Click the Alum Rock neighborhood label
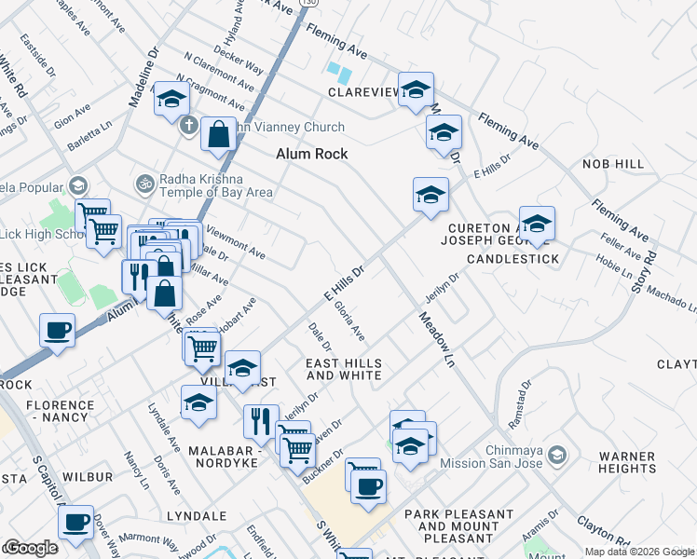click(x=311, y=154)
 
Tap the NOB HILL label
click(x=613, y=164)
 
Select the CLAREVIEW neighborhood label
click(x=362, y=92)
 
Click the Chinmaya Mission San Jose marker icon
click(x=557, y=455)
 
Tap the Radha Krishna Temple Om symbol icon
click(x=143, y=180)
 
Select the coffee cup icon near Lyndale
click(x=75, y=522)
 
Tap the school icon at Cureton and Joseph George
click(x=536, y=223)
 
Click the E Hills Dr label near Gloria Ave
click(x=342, y=279)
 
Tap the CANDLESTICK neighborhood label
click(x=512, y=258)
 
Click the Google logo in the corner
click(x=32, y=549)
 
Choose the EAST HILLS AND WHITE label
click(x=344, y=369)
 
